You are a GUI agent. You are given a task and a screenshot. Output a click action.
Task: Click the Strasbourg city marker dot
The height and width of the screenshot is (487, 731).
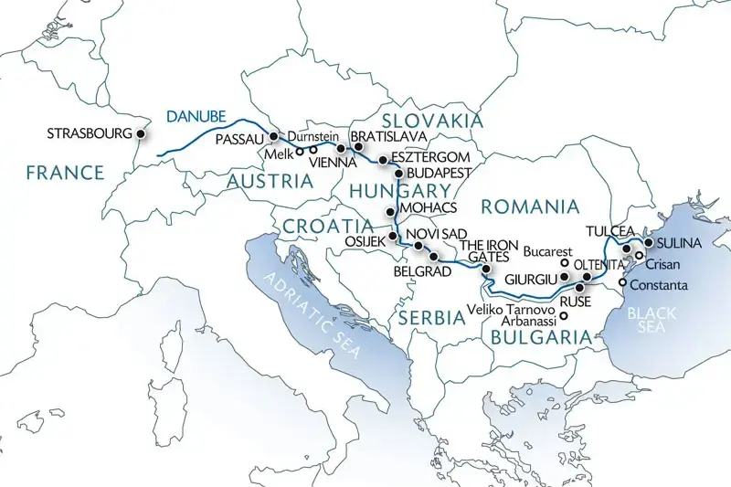pyautogui.click(x=141, y=133)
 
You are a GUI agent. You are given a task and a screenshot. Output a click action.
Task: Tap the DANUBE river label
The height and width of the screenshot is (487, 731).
pyautogui.click(x=196, y=116)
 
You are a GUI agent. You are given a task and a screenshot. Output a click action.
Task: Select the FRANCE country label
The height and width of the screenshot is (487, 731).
pyautogui.click(x=65, y=173)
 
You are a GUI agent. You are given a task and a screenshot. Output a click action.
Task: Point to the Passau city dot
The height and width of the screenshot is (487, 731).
pyautogui.click(x=273, y=137)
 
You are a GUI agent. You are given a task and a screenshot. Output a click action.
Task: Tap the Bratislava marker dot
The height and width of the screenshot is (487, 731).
pyautogui.click(x=341, y=148)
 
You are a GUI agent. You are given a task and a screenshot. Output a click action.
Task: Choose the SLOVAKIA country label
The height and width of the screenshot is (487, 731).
pyautogui.click(x=431, y=121)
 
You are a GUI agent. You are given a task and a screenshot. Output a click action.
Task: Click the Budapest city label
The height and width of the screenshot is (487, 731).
pyautogui.click(x=438, y=172)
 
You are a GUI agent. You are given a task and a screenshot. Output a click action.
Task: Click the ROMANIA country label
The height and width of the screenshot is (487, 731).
pyautogui.click(x=530, y=206)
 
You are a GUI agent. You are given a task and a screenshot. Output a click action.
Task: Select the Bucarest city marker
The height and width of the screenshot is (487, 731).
pyautogui.click(x=565, y=263)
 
